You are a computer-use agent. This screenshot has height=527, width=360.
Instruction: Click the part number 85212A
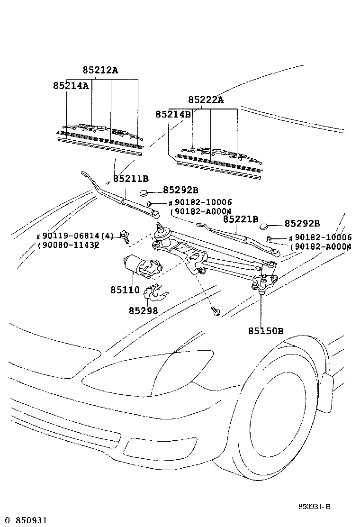[100, 70]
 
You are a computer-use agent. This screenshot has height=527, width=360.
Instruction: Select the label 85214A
[71, 86]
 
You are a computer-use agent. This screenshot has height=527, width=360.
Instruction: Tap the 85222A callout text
[206, 100]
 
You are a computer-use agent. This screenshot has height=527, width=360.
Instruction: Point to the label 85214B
[173, 114]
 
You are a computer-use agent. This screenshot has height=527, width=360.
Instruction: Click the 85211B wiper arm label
[131, 179]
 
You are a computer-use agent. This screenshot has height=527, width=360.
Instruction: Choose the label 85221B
[241, 219]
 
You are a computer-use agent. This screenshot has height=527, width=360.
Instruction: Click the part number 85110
[125, 290]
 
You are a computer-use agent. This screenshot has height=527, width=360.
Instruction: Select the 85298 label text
[143, 310]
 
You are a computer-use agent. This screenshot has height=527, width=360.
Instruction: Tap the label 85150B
[265, 330]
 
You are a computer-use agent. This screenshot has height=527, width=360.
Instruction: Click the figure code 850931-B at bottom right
[314, 507]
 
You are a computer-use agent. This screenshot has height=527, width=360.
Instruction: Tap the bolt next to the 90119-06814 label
[126, 236]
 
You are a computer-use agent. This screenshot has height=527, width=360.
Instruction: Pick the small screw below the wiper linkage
[216, 311]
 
